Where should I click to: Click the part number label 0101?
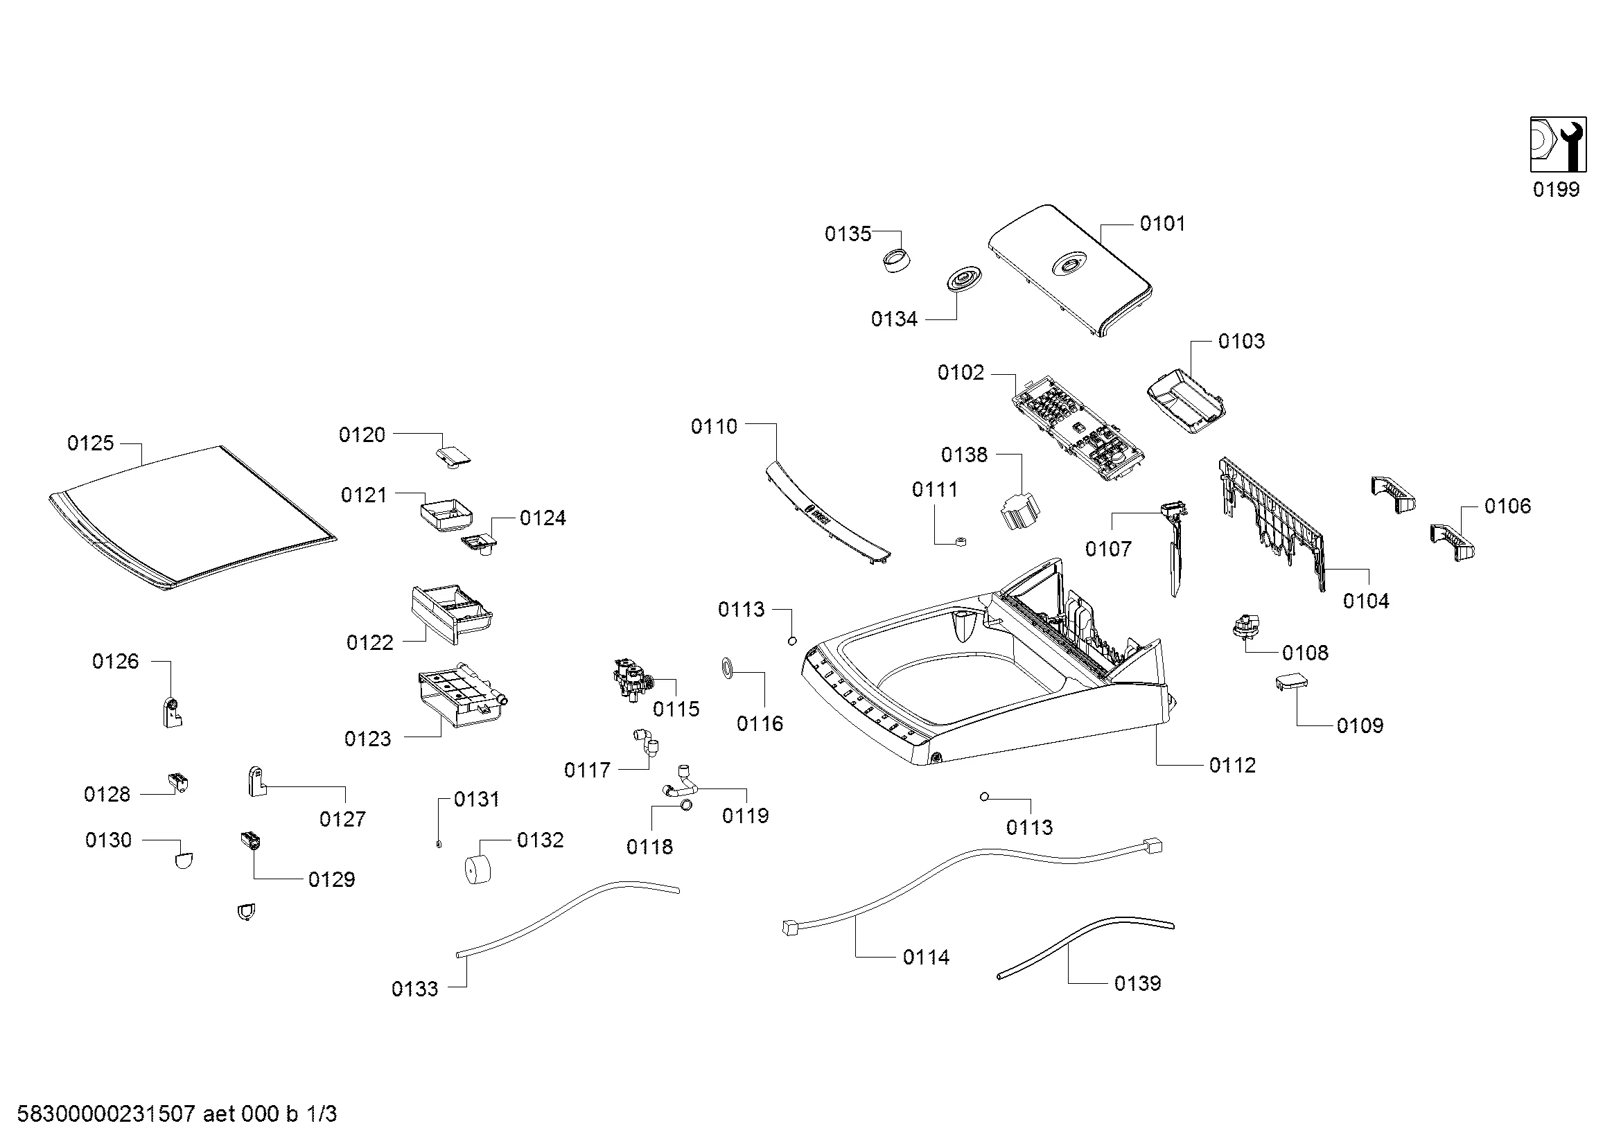(1162, 224)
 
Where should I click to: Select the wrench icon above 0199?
(1558, 145)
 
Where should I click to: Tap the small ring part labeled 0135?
(897, 261)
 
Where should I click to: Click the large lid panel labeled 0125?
(192, 515)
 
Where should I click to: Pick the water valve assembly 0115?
(634, 680)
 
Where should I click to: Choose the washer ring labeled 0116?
(727, 667)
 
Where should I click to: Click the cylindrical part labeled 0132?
(477, 868)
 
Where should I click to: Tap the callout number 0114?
(926, 958)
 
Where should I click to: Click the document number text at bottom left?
(177, 1113)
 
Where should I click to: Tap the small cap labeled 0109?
(1291, 682)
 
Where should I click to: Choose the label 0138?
(964, 455)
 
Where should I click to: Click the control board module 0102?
(1078, 430)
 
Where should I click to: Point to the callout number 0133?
(415, 989)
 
